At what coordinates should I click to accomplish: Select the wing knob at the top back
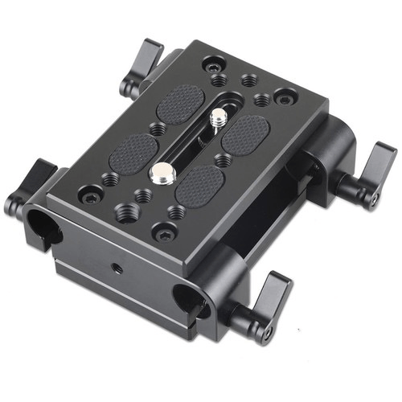point(146,64)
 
